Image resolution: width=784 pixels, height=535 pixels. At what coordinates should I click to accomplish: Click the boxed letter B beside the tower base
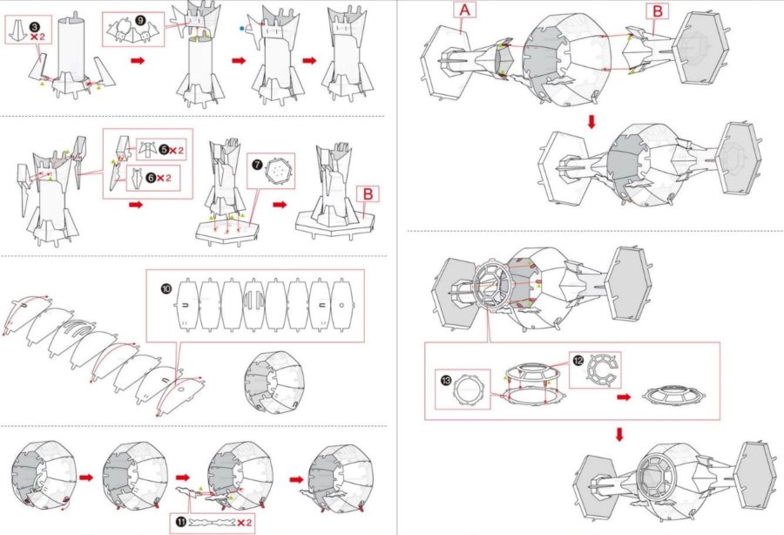click(x=368, y=195)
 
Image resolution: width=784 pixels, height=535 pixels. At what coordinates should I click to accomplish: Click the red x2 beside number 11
click(x=247, y=522)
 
